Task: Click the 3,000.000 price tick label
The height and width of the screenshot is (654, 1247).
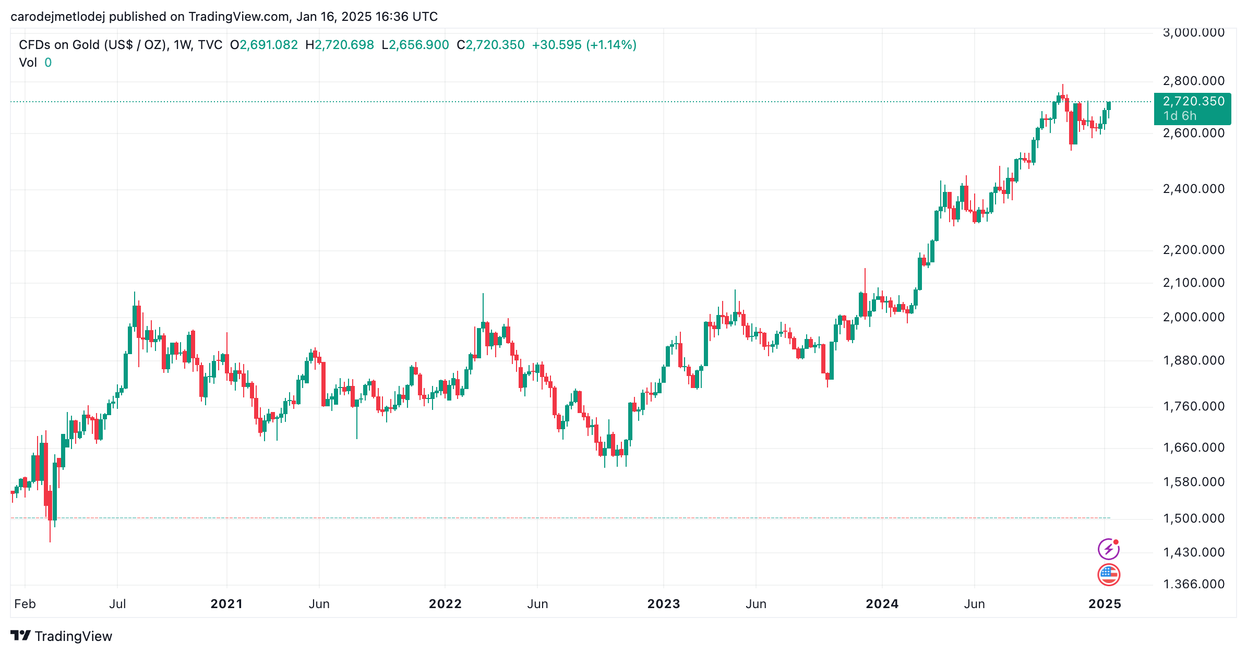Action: click(x=1194, y=33)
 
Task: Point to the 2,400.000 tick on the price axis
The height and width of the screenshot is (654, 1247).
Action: click(x=1194, y=189)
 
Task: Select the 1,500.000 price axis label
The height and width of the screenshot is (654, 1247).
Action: click(x=1194, y=518)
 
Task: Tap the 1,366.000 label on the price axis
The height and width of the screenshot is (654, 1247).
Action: click(x=1194, y=584)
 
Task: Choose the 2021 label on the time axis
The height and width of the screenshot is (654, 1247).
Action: click(x=226, y=604)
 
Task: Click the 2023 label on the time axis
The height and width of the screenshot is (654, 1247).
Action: click(x=664, y=604)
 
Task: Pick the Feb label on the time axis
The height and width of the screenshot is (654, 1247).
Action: click(x=25, y=604)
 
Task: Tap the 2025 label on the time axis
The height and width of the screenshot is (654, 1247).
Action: click(x=1105, y=604)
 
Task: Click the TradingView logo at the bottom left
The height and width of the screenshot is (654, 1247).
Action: click(x=62, y=636)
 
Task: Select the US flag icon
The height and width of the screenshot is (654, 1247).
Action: click(x=1109, y=575)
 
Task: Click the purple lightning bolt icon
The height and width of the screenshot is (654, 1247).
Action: click(x=1109, y=549)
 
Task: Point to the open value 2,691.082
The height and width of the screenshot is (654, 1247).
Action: click(x=269, y=45)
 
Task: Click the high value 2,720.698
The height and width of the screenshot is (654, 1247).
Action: click(x=344, y=45)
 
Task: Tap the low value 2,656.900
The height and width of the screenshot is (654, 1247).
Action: click(x=419, y=45)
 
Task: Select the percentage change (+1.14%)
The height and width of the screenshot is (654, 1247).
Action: click(x=611, y=45)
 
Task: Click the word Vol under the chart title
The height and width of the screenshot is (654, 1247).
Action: click(x=28, y=63)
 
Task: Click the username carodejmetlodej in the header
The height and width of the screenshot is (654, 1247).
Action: click(x=58, y=17)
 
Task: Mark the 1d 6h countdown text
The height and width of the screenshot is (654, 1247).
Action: click(x=1180, y=116)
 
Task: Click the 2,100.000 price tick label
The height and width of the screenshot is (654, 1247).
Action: click(x=1194, y=283)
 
